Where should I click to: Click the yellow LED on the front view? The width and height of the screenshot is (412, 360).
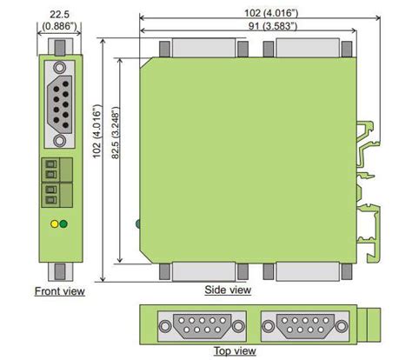pyautogui.click(x=55, y=223)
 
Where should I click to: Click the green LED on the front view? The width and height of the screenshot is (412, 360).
pyautogui.click(x=63, y=223)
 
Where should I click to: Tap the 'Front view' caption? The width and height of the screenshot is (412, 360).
pyautogui.click(x=59, y=291)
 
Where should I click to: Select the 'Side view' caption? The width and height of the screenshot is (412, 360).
pyautogui.click(x=228, y=290)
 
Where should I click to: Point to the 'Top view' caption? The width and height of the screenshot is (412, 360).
pyautogui.click(x=235, y=351)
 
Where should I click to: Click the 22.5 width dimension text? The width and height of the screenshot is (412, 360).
pyautogui.click(x=58, y=15)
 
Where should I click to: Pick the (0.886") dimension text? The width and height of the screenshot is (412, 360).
pyautogui.click(x=58, y=27)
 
